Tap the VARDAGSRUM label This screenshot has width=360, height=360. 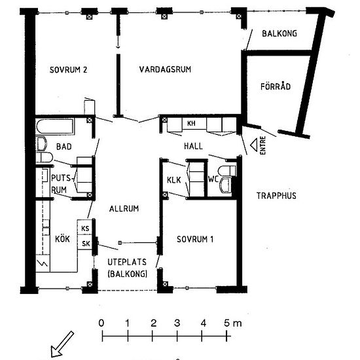tap(165, 71)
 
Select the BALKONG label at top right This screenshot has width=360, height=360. tap(279, 34)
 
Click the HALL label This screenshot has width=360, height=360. tap(193, 146)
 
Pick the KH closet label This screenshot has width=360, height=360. tap(192, 124)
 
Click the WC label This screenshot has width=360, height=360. tap(213, 178)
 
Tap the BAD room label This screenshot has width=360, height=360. tap(64, 147)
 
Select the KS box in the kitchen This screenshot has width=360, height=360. tap(86, 228)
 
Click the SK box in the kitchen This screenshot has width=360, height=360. tap(86, 243)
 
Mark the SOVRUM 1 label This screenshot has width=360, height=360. tap(195, 239)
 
